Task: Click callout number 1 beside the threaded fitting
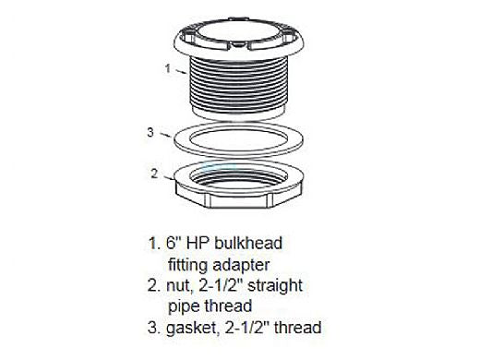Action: coord(168,68)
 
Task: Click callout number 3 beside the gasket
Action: coord(150,132)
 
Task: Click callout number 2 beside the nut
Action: coord(154,174)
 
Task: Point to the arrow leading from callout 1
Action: coord(181,72)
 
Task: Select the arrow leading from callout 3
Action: coord(165,135)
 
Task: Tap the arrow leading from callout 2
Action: coord(169,177)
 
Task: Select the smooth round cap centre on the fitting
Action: coord(238,31)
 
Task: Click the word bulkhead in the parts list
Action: coord(248,243)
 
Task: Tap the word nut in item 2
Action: coord(177,286)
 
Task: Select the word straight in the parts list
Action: coord(275,286)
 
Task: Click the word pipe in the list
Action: coord(184,306)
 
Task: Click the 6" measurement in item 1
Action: coord(173,243)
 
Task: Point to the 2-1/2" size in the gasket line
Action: coord(247,327)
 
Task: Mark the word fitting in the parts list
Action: coord(187,265)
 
